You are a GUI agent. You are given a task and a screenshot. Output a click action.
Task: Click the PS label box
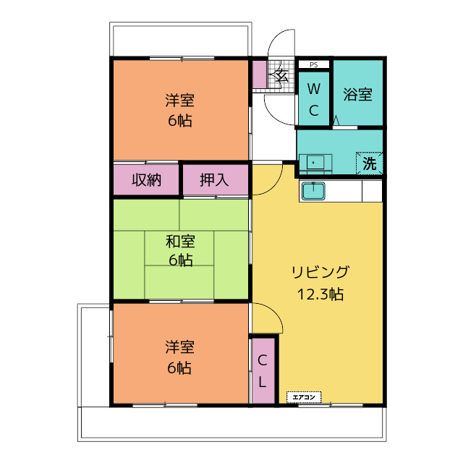coord(313,64)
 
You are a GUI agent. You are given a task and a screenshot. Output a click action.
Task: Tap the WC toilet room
coord(313,98)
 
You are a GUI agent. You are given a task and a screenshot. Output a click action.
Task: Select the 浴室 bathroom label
coord(357,95)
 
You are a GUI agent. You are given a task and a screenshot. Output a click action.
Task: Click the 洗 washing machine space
coord(370,163)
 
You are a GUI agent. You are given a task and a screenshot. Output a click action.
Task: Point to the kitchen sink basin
coord(313,191)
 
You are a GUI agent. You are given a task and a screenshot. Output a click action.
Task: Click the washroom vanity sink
coord(315,163)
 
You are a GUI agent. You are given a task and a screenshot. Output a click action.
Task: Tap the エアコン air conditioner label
coord(304,397)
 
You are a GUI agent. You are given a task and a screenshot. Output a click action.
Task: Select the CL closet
coord(263,370)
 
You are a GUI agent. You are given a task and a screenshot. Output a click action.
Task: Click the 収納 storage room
coord(146,179)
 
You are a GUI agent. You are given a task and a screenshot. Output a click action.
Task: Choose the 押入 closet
coord(216,179)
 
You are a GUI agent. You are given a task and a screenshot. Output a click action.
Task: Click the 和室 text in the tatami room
coord(180,242)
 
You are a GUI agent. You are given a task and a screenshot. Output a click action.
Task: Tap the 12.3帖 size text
coord(320,294)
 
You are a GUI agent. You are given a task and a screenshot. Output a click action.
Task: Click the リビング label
coord(320,272)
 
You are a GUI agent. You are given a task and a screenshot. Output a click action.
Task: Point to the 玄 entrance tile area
coord(281,75)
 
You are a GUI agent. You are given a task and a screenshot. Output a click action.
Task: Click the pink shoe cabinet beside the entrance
coord(260,75)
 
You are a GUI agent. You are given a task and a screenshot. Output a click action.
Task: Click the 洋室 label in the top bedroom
coord(180,101)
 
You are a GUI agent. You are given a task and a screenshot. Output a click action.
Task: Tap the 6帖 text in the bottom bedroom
coord(179,368)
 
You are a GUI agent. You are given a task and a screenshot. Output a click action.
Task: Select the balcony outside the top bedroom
coord(180,39)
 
